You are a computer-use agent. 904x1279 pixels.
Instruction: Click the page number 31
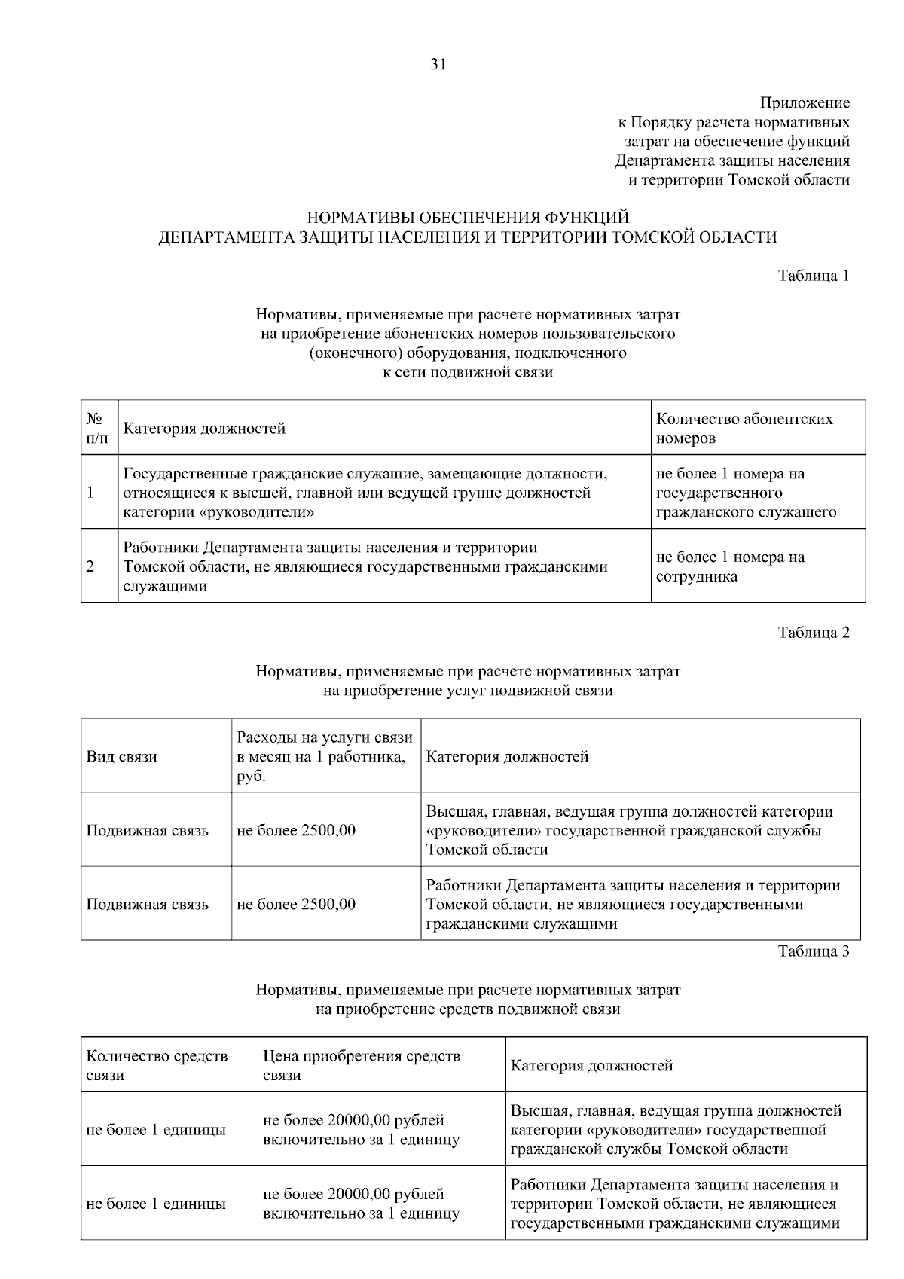438,65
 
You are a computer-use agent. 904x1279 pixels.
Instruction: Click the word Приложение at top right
805,102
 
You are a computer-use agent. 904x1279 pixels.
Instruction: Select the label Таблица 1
813,276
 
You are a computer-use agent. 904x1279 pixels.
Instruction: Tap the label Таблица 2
813,633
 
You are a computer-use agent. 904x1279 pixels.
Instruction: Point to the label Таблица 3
813,951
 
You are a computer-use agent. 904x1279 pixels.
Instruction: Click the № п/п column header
95,428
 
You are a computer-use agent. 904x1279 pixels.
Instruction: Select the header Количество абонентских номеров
744,428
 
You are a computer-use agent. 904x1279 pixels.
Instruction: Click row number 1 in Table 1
90,493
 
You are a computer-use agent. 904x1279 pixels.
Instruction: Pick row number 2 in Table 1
90,566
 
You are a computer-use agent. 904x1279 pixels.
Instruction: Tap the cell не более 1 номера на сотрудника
730,566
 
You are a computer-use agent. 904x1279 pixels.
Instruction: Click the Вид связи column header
122,756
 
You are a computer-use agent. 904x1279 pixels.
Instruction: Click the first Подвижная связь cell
148,830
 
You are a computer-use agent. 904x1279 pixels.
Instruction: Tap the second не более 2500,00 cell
296,904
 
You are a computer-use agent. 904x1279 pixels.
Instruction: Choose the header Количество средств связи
157,1065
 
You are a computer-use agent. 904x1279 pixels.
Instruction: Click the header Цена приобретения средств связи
362,1065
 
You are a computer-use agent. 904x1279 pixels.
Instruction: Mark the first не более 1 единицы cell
157,1130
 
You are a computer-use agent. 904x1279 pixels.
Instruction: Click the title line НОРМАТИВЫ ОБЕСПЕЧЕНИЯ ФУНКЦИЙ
468,218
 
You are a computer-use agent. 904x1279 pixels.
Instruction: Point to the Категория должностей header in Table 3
591,1065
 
